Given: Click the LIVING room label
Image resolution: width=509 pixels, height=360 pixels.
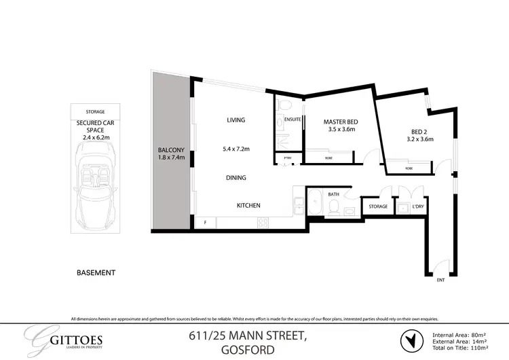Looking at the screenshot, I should [235, 120].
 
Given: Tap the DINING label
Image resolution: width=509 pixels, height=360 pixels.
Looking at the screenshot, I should [235, 178].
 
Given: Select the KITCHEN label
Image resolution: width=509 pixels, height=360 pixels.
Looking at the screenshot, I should [248, 206].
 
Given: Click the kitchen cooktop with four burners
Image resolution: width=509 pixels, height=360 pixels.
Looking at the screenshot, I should [264, 221].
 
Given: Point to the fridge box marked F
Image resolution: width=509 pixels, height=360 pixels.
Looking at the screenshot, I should [205, 222].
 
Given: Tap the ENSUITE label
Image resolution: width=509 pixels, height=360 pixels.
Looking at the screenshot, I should [293, 120].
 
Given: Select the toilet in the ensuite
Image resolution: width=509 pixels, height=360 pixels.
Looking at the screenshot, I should [285, 105].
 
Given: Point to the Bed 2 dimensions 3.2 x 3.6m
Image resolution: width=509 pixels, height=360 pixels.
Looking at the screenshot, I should [419, 139].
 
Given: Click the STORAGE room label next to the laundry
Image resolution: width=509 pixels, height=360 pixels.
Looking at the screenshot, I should [378, 206].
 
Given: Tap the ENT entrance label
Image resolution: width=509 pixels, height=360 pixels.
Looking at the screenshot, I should [442, 279].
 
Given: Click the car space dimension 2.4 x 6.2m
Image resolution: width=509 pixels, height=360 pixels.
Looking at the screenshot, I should [95, 137].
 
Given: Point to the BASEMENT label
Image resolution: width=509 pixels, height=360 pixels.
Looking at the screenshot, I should [96, 272].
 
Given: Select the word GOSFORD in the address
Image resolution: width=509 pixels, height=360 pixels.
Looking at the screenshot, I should [248, 350].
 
